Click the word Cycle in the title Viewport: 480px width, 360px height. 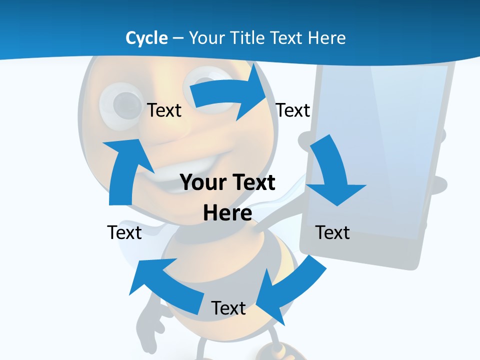146,38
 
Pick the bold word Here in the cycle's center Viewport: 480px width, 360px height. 227,213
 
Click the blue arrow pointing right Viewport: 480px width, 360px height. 230,95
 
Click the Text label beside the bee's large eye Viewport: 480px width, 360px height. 164,110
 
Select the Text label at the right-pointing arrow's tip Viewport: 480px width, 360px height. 293,110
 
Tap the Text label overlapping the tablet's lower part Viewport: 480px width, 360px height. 332,232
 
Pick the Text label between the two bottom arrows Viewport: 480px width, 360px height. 228,308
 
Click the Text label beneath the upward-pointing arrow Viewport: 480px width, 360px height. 124,232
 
